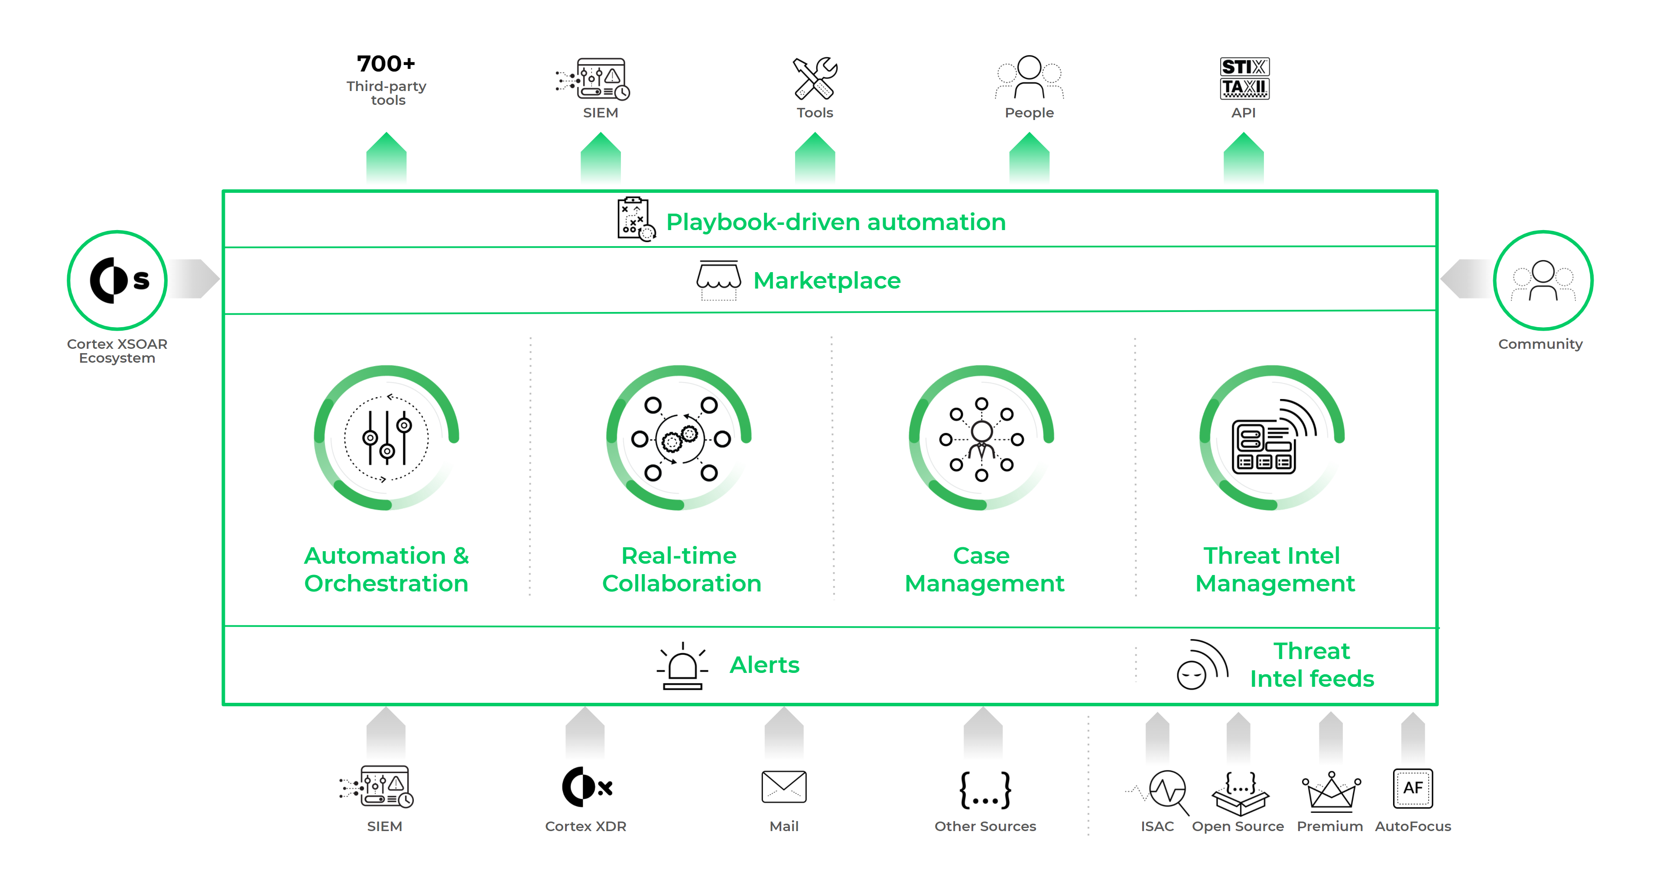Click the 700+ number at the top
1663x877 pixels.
click(x=386, y=64)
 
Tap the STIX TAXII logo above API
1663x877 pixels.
click(x=1244, y=78)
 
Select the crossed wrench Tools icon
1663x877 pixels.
click(x=815, y=78)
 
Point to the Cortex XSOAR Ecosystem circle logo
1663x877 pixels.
click(x=117, y=280)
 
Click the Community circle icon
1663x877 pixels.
click(x=1543, y=280)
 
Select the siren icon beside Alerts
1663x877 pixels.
click(x=682, y=666)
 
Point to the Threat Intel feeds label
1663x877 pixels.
click(x=1311, y=665)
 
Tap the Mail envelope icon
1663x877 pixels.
click(x=784, y=786)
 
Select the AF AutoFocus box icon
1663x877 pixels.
click(x=1413, y=788)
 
